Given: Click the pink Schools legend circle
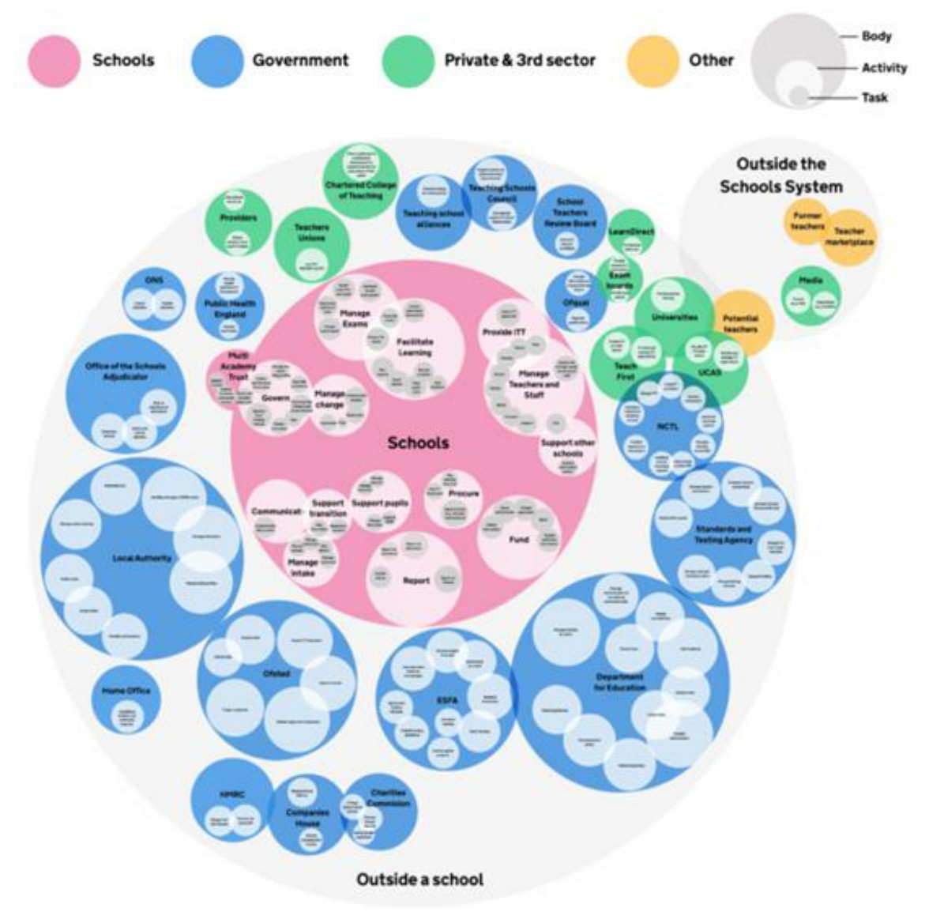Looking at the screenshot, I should (55, 61).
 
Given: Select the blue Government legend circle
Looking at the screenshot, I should (217, 61).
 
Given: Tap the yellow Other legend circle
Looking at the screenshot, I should (653, 61).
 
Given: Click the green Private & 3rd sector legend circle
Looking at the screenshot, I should (408, 61).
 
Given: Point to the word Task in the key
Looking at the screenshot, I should (874, 98).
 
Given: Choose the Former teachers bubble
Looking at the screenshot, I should (807, 221).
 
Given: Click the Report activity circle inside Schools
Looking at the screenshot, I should (416, 579).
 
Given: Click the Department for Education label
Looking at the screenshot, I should (620, 682).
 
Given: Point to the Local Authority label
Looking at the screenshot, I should (142, 558).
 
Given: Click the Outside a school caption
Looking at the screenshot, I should (419, 880).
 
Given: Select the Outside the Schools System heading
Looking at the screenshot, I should (780, 175).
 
